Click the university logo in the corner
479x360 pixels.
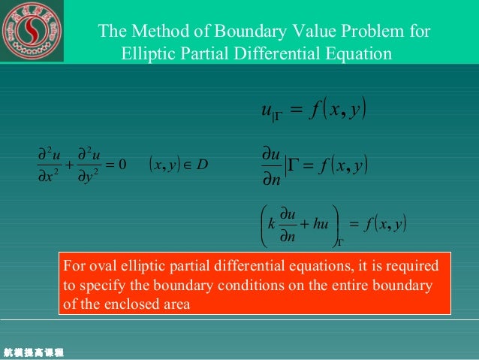click(x=31, y=32)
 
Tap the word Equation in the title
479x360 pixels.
click(x=360, y=54)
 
